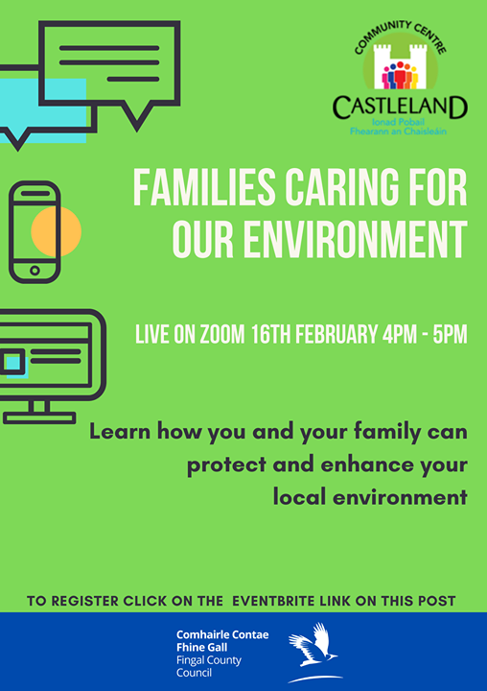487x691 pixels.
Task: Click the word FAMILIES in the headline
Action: (x=204, y=188)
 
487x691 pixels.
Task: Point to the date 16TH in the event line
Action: (x=271, y=334)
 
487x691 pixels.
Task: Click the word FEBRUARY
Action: (x=336, y=334)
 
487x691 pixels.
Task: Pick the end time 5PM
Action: (x=450, y=334)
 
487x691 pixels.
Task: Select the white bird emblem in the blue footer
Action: (x=313, y=651)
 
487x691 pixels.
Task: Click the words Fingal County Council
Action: (x=209, y=666)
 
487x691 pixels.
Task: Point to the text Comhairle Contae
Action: (x=222, y=635)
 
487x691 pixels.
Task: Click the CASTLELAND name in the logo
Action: (x=400, y=107)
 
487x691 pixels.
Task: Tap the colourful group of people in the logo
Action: (x=400, y=76)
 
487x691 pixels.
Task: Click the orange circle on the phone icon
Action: (x=56, y=231)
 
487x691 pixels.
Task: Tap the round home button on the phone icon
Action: (x=35, y=271)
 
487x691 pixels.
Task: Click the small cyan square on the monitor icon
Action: (x=13, y=362)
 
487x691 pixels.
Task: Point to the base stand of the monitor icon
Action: (x=39, y=417)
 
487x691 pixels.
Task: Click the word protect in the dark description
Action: (x=226, y=465)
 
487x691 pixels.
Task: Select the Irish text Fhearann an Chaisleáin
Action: (x=398, y=131)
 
